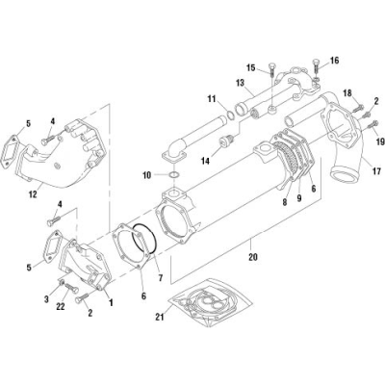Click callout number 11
tap(211, 99)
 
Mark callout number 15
tap(248, 67)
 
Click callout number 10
tap(147, 175)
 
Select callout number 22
tap(63, 306)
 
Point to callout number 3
tap(45, 299)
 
